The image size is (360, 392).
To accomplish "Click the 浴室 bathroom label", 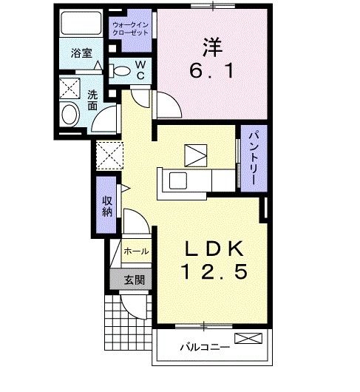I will point(81,53).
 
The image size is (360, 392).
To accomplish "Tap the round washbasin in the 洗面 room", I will point(71,115).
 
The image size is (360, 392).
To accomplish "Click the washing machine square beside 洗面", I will point(72,87).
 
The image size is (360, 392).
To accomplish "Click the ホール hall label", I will point(136,251).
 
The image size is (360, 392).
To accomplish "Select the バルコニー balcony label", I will point(205,345).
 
